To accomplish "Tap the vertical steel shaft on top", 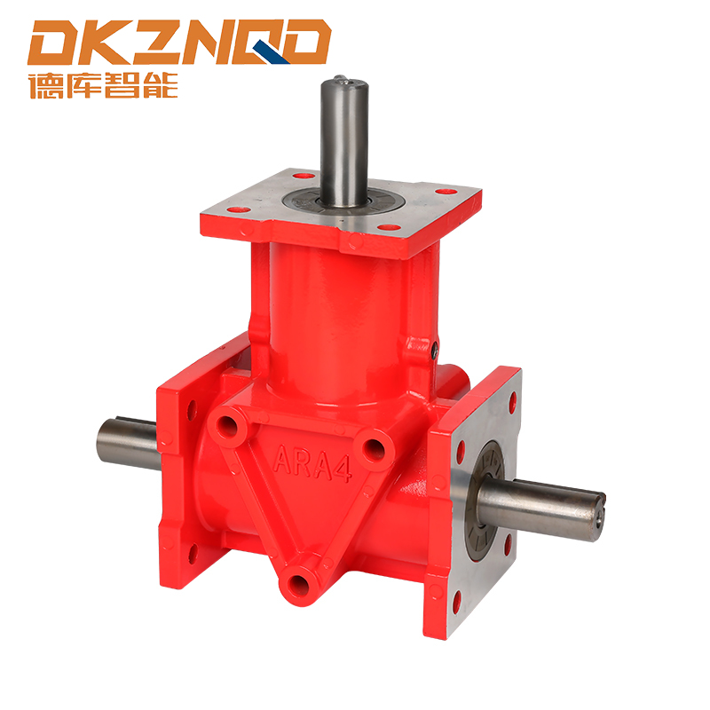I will (x=342, y=142).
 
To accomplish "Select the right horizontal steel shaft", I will (x=541, y=504).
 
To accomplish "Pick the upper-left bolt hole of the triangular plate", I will (x=233, y=426).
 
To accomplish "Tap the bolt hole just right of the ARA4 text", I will (x=375, y=449).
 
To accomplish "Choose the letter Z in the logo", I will (x=154, y=43).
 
